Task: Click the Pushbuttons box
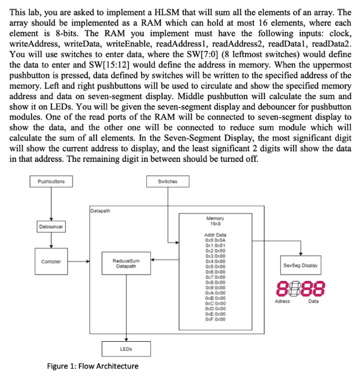tap(50, 182)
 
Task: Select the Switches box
tap(168, 182)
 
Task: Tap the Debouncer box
tap(50, 226)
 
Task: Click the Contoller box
tap(50, 262)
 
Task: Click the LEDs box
tap(126, 349)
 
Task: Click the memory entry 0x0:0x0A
tap(215, 239)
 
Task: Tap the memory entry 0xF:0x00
tap(215, 319)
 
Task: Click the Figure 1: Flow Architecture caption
tap(92, 366)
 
